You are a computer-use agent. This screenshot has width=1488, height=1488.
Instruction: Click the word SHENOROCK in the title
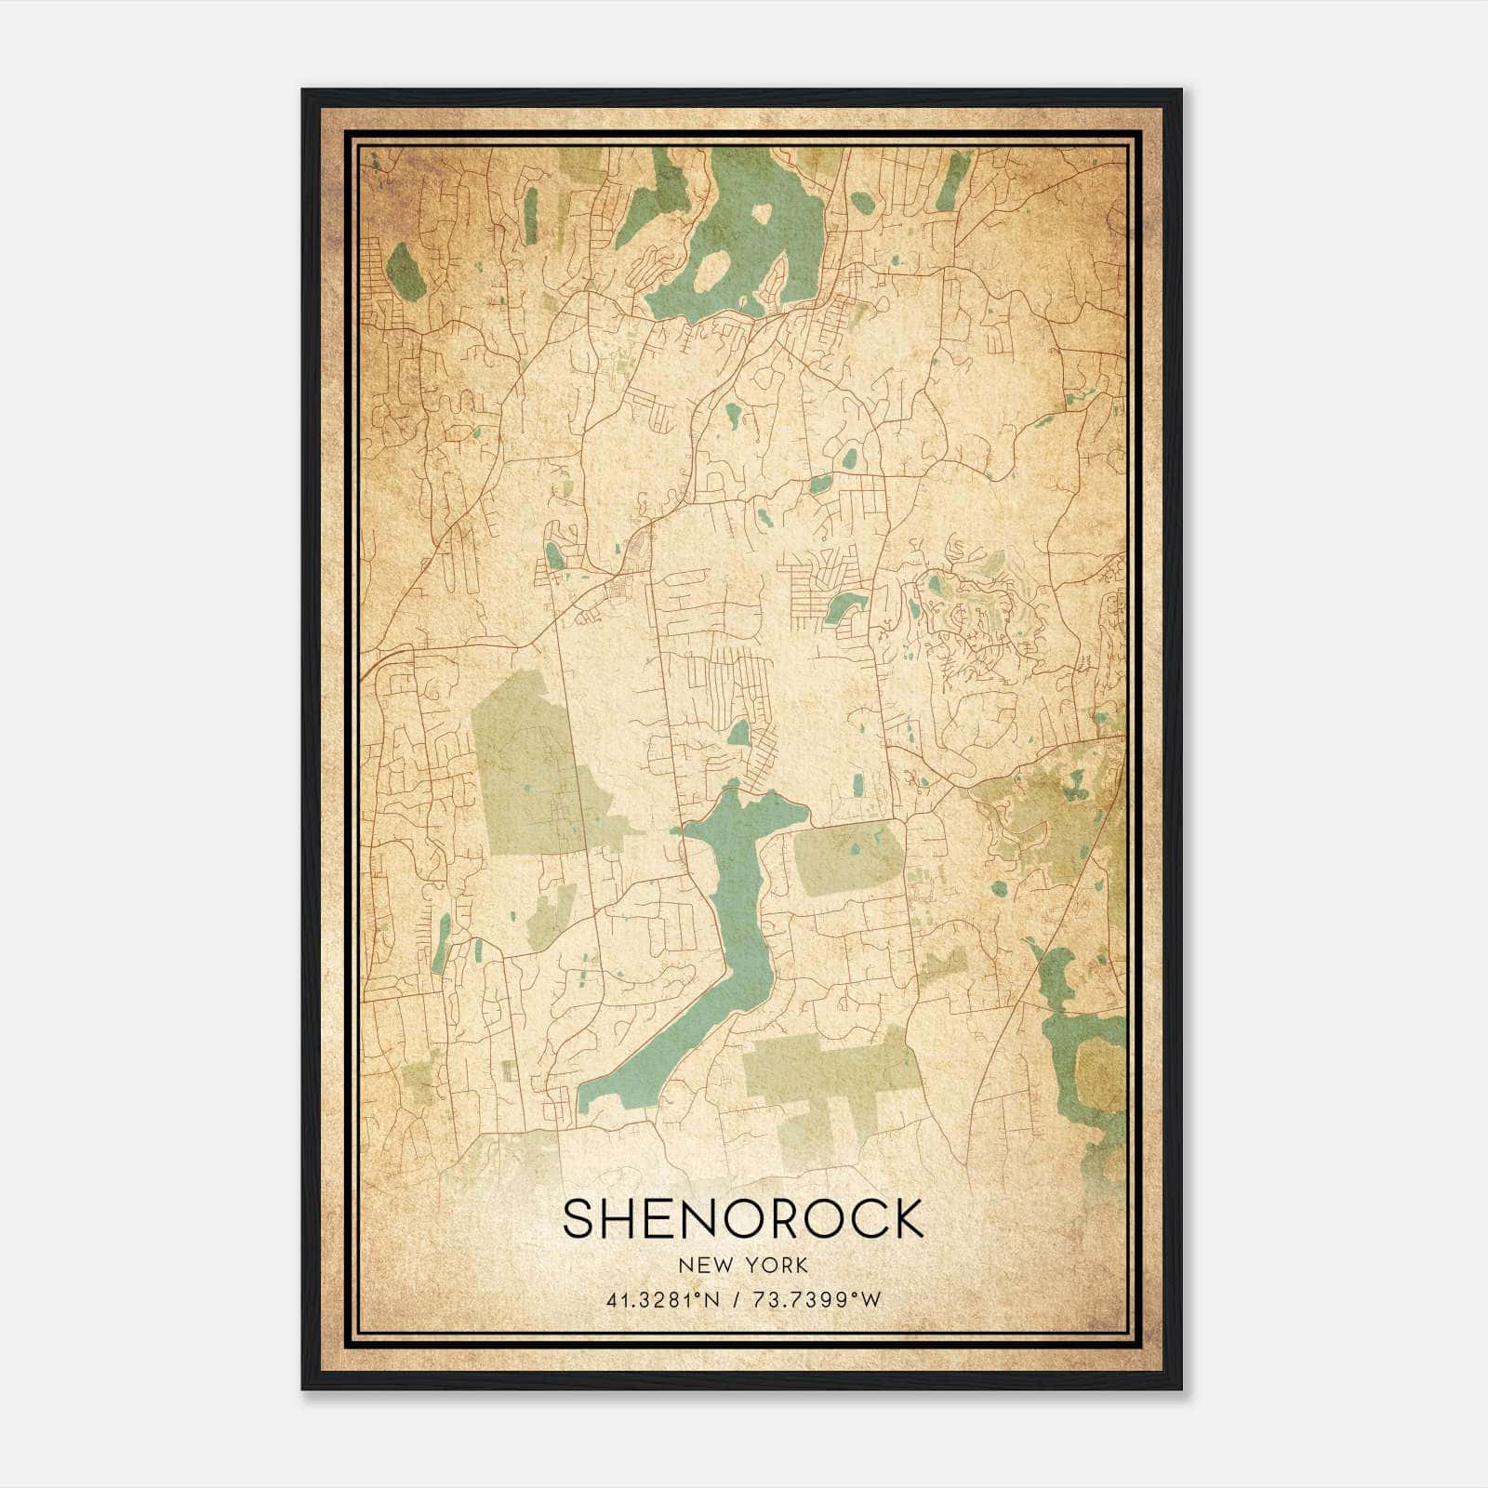pos(743,1218)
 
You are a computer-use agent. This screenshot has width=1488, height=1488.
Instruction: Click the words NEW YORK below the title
pos(743,1266)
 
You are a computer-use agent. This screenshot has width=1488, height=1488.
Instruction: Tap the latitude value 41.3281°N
pos(661,1300)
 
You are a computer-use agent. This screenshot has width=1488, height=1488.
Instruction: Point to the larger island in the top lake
pos(712,270)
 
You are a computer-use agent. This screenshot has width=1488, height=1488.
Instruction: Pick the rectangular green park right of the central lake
pos(846,857)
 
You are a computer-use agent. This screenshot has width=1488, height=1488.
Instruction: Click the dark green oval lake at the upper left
pos(405,272)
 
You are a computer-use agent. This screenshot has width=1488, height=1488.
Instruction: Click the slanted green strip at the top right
pos(950,180)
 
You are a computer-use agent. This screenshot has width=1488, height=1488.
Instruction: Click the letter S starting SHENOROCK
pos(578,1218)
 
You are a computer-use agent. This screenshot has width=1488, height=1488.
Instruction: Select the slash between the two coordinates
pos(737,1300)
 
